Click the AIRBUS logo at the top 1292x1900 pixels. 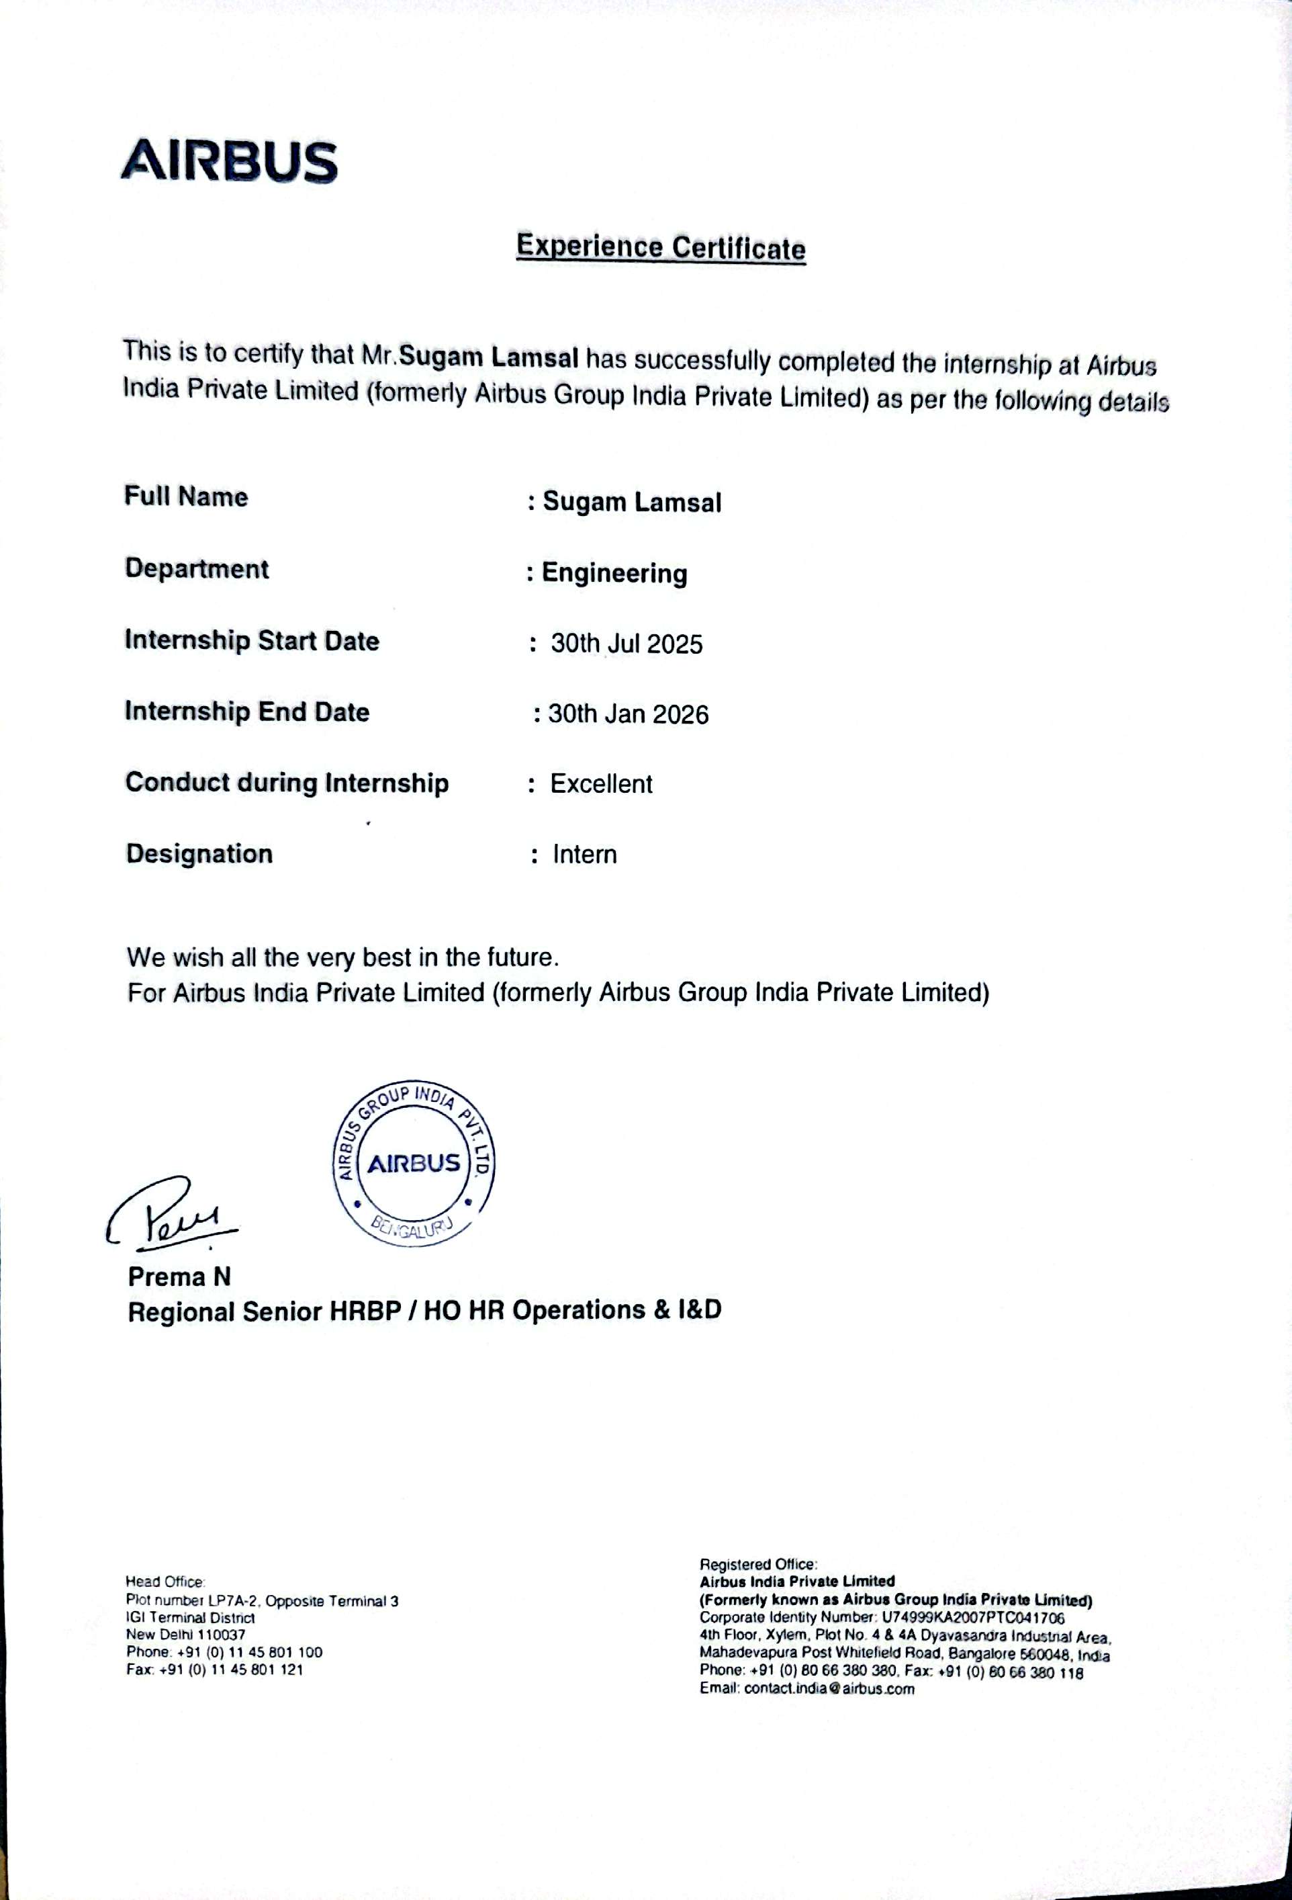(x=229, y=161)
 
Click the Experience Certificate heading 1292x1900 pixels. (x=660, y=247)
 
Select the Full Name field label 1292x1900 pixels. (x=185, y=496)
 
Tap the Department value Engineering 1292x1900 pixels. (x=614, y=573)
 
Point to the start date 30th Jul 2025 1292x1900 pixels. (x=626, y=644)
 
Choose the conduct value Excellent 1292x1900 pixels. (x=600, y=784)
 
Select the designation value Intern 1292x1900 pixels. (x=584, y=855)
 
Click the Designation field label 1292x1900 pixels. (x=199, y=853)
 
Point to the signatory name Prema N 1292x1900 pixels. (x=179, y=1277)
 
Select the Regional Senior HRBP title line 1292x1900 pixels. (x=424, y=1311)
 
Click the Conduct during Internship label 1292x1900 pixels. (x=287, y=783)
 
